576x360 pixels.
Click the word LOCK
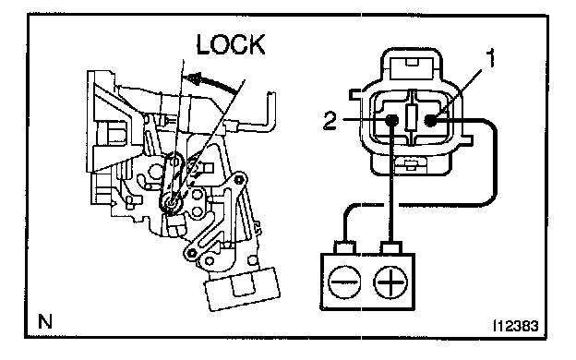231,45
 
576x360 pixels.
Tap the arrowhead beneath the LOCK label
193,78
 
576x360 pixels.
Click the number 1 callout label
490,58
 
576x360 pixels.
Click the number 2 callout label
330,120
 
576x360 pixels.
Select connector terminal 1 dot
430,120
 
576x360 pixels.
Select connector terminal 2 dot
391,120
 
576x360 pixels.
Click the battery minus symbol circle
344,282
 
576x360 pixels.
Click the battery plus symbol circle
390,282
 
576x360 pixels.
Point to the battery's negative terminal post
344,247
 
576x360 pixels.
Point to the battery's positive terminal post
391,247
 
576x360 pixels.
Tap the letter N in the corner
45,321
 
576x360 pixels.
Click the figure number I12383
515,326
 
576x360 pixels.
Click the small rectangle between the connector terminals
411,117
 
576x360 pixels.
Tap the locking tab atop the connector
412,68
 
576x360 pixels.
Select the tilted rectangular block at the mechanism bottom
243,289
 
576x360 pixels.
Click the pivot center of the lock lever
171,203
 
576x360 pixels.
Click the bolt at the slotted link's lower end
191,252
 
